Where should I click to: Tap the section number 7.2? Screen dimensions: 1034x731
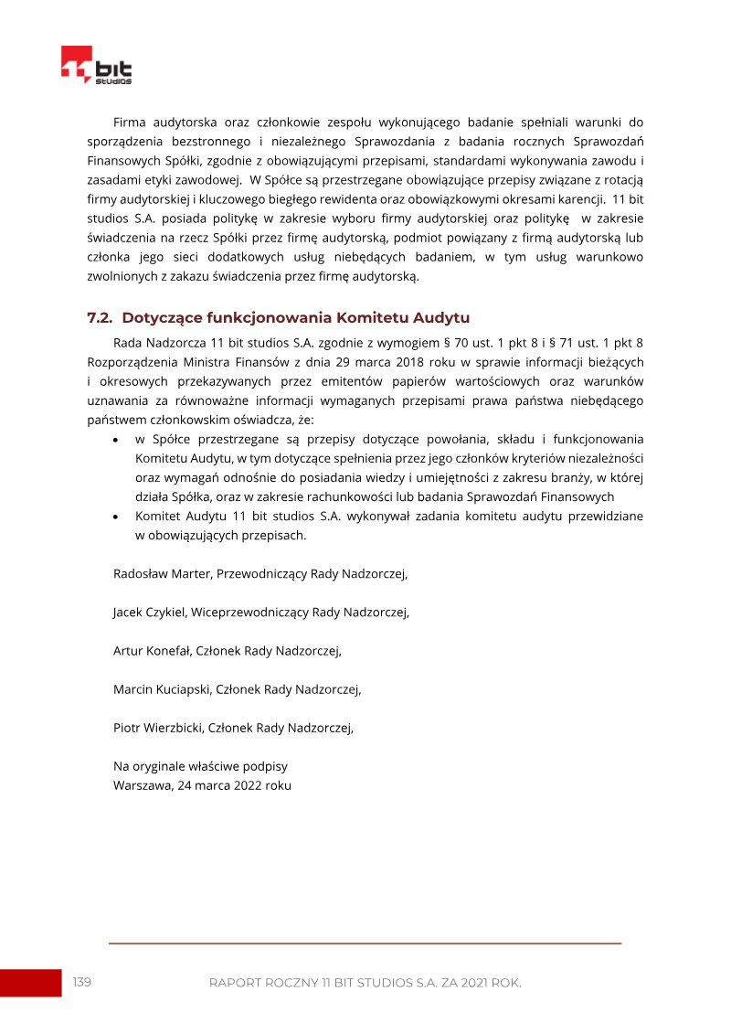99,318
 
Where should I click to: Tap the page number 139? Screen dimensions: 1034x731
82,982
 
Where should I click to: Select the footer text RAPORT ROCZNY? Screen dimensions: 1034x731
264,983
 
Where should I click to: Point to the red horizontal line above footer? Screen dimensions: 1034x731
365,943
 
